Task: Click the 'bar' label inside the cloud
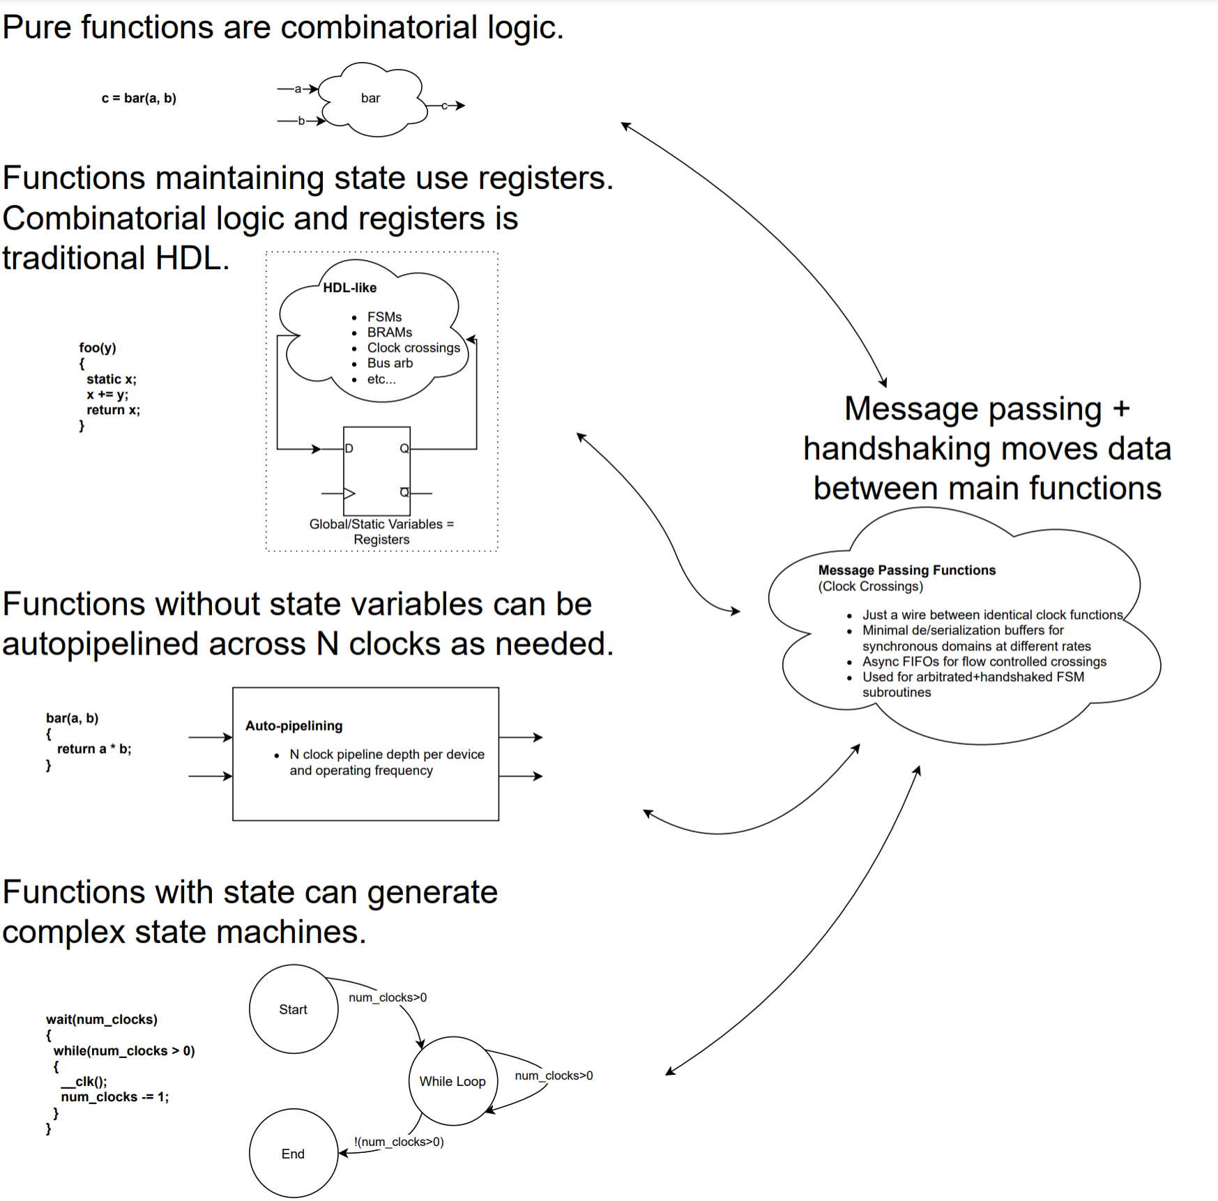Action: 370,98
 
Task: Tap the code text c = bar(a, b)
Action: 139,98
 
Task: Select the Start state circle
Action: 294,1009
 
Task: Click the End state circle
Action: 294,1153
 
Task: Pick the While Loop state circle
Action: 452,1081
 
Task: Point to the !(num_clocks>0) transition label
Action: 399,1142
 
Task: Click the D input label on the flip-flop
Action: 349,448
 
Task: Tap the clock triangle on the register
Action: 349,493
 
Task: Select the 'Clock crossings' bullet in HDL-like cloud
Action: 413,348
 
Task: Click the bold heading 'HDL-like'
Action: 349,288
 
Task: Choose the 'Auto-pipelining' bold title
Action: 294,726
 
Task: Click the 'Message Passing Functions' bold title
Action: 906,570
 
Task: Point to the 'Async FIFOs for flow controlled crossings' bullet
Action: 984,661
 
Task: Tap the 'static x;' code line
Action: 112,379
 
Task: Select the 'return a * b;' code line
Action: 94,749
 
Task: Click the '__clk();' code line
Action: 84,1081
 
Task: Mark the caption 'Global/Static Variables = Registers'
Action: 381,531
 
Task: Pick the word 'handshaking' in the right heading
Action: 897,448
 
